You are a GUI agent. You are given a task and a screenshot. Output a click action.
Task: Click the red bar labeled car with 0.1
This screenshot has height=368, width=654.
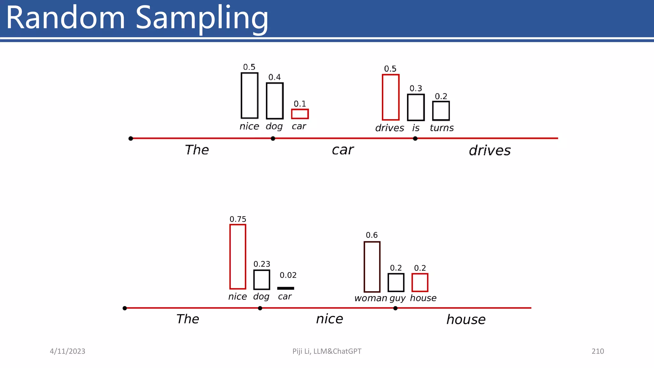coord(300,114)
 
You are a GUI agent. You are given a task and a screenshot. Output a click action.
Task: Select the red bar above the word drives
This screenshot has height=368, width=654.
coord(391,97)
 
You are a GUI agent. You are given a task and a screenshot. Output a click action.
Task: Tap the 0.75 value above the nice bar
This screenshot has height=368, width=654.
coord(238,219)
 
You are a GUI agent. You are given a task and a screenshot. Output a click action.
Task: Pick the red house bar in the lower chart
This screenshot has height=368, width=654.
coord(420,282)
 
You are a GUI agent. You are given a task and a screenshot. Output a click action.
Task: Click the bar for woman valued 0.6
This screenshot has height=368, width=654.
coord(372,267)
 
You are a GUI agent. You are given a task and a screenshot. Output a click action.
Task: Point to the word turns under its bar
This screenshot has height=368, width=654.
coord(442,128)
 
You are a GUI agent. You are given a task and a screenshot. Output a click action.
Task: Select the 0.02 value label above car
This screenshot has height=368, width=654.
coord(288,275)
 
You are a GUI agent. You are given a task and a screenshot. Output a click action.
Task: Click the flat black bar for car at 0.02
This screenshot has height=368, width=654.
coord(285,288)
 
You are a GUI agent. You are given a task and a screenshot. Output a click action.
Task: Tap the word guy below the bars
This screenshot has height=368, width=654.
coord(397,298)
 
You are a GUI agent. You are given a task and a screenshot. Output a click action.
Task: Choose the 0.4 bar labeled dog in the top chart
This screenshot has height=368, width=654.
coord(275,101)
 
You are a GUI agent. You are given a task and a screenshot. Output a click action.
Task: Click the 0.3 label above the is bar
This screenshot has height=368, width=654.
coord(416,88)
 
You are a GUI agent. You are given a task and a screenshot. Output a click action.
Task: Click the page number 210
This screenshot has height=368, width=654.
coord(597,351)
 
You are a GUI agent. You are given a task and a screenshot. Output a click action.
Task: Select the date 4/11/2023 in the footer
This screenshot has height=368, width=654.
coord(67,351)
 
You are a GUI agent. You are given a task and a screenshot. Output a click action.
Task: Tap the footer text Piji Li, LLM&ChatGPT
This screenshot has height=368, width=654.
coord(327,351)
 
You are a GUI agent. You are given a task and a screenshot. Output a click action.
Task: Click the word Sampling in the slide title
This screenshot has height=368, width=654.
coord(202,19)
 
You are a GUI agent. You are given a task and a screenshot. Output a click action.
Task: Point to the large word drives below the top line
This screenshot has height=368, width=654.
coord(490,150)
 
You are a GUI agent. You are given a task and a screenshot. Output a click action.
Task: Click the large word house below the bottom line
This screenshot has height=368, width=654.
coord(466,319)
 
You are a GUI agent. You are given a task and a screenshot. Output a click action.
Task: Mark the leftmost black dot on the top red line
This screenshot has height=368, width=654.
coord(131,138)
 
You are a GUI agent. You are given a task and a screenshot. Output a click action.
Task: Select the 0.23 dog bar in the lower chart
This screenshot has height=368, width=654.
coord(262,280)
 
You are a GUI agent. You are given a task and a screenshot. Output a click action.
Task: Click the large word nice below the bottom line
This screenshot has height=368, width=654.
coord(330,319)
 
